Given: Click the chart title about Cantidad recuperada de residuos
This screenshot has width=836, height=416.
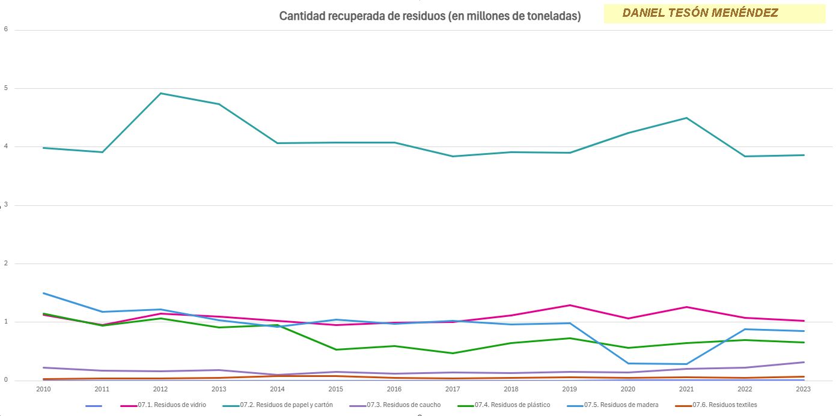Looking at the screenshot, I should (x=430, y=16).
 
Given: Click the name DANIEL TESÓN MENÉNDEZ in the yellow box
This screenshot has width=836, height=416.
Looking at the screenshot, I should (x=700, y=13).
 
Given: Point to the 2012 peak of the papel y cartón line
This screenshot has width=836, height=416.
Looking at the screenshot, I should (x=160, y=93).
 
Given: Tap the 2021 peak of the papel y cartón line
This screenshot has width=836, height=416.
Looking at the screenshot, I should (x=686, y=118).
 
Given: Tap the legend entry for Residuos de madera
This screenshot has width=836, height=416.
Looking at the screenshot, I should (x=621, y=405).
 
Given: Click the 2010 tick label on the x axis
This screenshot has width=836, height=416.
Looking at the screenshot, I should (x=43, y=389).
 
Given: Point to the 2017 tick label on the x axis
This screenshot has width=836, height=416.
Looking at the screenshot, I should (x=453, y=389).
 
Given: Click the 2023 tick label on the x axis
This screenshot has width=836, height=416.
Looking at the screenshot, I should (x=804, y=389).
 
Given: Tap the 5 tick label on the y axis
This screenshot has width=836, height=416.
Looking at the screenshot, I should (x=5, y=88).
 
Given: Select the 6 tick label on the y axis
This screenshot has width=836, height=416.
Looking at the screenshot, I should (x=5, y=29).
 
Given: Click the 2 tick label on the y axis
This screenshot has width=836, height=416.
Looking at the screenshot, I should (x=5, y=264).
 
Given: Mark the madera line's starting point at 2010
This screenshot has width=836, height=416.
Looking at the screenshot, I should (x=43, y=293).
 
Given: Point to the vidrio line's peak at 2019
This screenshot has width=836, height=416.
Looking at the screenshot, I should (x=569, y=305).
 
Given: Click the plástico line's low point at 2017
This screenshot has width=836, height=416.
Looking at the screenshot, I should (x=453, y=353).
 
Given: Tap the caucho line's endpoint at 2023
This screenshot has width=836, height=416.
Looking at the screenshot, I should (x=804, y=362).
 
